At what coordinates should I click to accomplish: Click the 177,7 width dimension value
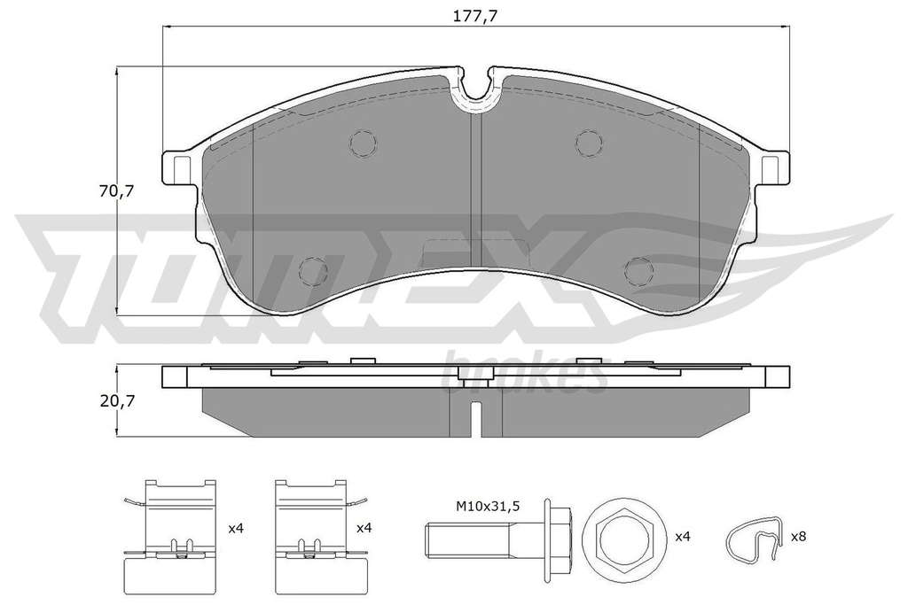point(475,16)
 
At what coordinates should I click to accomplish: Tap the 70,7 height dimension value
point(116,190)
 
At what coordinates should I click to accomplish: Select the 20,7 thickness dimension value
point(116,401)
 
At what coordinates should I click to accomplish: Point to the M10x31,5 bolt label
point(487,506)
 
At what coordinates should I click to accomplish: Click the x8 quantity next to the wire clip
point(798,536)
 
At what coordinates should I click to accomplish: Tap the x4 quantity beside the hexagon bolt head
point(684,536)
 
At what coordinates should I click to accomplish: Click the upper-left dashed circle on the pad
point(364,143)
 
